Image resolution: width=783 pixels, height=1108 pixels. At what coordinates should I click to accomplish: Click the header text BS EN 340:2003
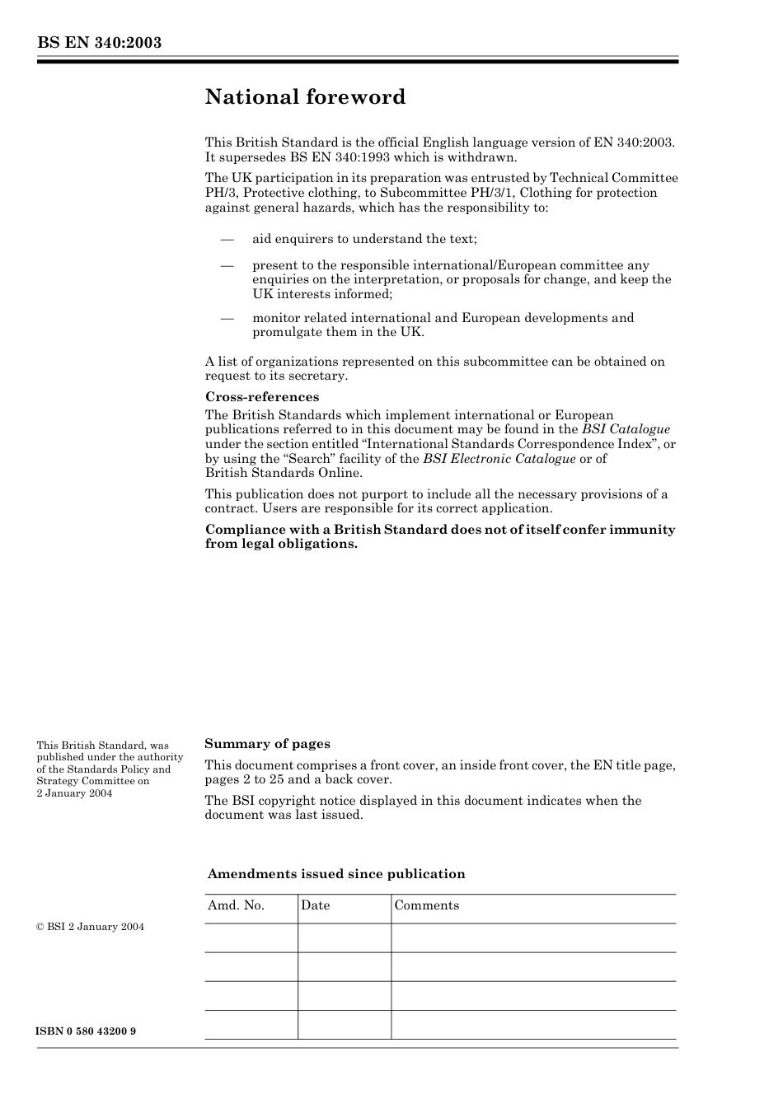click(99, 43)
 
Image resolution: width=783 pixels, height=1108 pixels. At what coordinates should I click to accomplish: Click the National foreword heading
click(305, 97)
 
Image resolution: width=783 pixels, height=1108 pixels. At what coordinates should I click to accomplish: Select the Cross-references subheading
click(262, 397)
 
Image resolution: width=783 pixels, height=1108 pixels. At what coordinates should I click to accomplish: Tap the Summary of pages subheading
click(267, 744)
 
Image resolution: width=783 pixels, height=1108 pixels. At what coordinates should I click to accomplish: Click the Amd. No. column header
click(236, 905)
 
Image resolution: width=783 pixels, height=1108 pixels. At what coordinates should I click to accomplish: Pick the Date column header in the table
click(315, 905)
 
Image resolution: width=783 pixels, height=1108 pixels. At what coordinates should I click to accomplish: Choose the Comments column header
click(426, 905)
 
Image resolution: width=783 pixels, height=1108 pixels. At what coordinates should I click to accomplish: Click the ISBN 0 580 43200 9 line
click(87, 1031)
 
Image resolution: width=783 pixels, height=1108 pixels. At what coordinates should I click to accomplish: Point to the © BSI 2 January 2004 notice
click(91, 927)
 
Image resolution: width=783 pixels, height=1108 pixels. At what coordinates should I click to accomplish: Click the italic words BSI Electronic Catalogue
click(499, 459)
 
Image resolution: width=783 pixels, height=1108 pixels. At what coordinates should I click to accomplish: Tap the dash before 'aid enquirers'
click(227, 239)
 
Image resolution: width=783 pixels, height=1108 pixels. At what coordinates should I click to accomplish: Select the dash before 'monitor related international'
click(227, 318)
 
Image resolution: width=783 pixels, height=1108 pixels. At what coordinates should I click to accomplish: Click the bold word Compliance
click(242, 530)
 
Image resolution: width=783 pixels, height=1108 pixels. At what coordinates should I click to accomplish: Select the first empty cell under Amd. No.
click(251, 937)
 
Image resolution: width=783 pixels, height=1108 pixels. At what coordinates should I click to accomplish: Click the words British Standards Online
click(284, 473)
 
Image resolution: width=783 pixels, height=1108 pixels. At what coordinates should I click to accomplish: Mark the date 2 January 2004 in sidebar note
click(74, 793)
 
